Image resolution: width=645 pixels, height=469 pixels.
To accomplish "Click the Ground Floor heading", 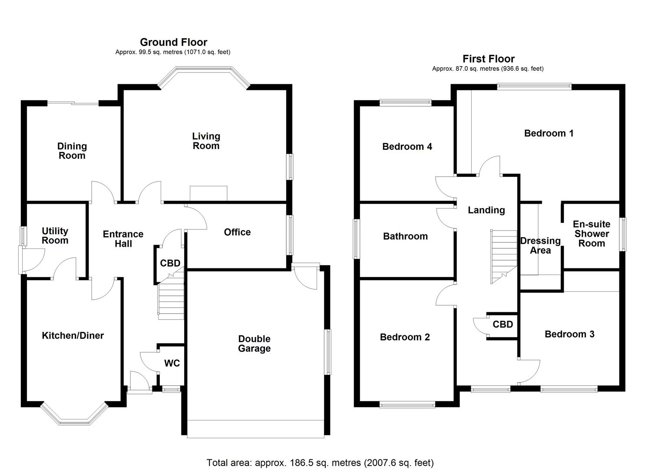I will (x=173, y=42).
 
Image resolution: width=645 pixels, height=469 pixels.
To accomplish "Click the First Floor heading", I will (x=488, y=59).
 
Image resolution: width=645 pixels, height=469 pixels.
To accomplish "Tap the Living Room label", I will (x=206, y=141).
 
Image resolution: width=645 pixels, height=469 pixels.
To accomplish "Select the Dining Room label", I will (x=72, y=151).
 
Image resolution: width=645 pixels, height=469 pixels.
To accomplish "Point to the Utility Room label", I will (x=55, y=235).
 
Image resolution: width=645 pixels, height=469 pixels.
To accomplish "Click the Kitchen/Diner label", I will (x=73, y=335).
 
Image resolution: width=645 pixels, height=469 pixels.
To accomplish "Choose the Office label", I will (x=237, y=232).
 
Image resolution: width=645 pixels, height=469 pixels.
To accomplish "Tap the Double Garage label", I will (x=254, y=343).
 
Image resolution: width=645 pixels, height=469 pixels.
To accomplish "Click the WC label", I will (x=172, y=363).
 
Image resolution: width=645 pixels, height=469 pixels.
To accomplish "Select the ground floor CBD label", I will (x=170, y=263).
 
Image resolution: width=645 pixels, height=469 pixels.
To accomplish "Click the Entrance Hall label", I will (x=123, y=239).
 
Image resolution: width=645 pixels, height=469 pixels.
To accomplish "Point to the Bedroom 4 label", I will (x=407, y=147).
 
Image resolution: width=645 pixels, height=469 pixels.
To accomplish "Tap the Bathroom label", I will (x=405, y=236).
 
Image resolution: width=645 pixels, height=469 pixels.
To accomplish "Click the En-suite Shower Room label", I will (x=592, y=234).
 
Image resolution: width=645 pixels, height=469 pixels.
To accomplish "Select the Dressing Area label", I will (x=540, y=245).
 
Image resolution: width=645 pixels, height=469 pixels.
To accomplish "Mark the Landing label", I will (x=486, y=210).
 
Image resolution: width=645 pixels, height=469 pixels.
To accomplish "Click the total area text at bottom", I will (x=320, y=462).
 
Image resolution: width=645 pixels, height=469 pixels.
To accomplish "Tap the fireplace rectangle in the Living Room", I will (x=208, y=193).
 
